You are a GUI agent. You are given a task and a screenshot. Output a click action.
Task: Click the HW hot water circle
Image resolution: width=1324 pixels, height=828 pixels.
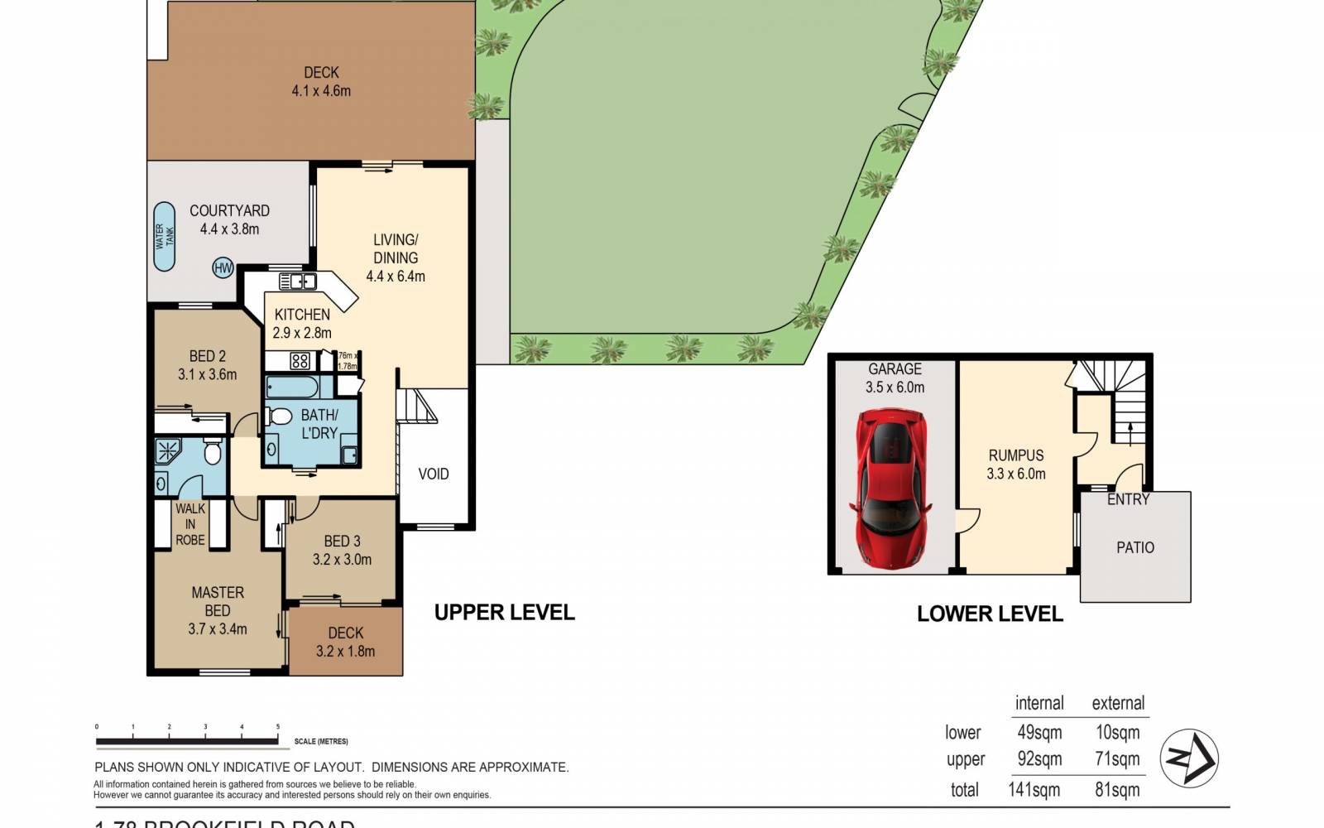[x=223, y=267]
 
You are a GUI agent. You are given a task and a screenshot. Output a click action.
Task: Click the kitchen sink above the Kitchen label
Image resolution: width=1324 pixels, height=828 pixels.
[x=297, y=282]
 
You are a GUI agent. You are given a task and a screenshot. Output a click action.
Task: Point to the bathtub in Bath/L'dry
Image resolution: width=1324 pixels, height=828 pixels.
[x=292, y=388]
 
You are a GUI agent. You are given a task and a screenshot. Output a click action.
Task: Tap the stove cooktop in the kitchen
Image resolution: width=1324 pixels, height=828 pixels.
[x=300, y=360]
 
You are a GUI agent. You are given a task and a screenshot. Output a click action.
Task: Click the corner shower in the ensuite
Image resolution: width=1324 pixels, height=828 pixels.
[x=169, y=452]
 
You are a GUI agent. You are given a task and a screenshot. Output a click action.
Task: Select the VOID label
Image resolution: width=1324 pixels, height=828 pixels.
[x=434, y=474]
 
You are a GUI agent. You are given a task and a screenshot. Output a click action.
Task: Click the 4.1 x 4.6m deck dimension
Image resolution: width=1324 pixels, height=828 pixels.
[x=321, y=91]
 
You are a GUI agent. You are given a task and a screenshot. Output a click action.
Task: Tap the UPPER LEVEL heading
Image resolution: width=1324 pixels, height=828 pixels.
[x=504, y=613]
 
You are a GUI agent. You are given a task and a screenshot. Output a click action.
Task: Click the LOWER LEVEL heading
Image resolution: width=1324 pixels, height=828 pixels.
[x=990, y=614]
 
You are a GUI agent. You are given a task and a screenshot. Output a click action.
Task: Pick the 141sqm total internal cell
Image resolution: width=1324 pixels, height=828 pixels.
[x=1034, y=790]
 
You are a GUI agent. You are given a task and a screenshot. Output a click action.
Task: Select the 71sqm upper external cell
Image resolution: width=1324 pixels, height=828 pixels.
[x=1117, y=759]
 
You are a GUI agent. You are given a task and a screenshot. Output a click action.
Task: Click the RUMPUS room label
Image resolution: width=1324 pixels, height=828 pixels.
[x=1015, y=455]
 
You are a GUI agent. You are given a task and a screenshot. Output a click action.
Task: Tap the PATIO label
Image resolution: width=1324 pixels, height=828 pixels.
[x=1135, y=547]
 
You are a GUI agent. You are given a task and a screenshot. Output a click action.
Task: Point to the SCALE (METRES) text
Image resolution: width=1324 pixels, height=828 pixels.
[x=321, y=742]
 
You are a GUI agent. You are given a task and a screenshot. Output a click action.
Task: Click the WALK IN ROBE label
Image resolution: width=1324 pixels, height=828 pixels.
[x=190, y=524]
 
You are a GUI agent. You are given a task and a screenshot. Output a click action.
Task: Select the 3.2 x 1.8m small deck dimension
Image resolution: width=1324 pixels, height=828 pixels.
[x=345, y=652]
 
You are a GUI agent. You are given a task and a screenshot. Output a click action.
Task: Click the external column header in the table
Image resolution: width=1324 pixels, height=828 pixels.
[x=1118, y=704]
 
